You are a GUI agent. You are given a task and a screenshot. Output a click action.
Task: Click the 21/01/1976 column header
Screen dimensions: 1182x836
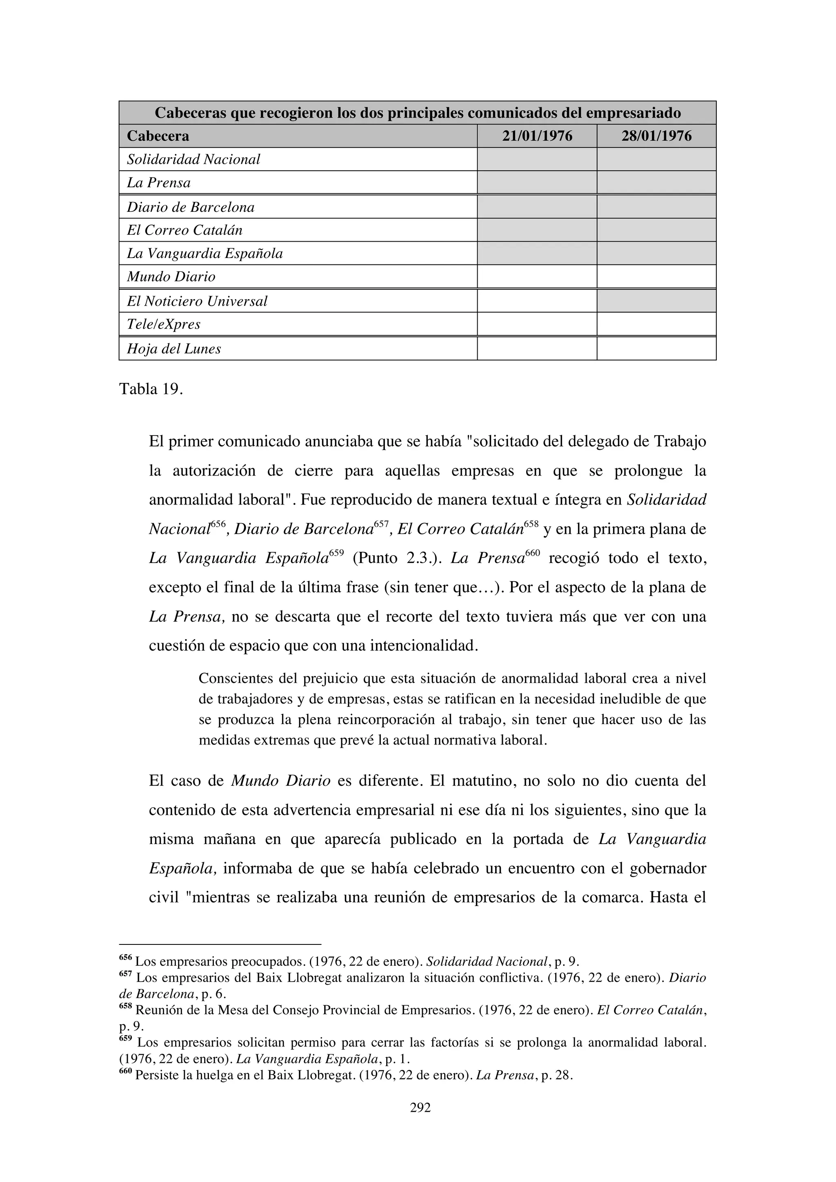click(537, 136)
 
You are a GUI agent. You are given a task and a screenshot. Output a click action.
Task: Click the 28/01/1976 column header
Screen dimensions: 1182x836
click(656, 136)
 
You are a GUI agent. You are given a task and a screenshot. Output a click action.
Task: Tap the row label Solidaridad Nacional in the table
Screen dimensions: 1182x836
click(193, 160)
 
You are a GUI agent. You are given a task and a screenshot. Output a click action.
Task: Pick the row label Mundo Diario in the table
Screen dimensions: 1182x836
click(171, 277)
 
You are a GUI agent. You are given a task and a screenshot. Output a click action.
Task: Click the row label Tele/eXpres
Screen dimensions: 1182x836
click(164, 324)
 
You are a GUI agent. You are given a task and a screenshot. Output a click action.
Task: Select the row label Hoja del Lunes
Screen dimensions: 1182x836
click(174, 349)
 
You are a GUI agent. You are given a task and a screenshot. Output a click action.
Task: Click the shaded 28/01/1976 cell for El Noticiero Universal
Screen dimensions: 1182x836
click(656, 301)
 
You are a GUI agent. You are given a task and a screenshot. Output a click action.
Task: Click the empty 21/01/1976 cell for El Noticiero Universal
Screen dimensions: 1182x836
click(537, 301)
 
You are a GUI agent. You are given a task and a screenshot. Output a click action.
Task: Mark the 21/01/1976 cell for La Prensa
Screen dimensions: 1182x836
click(537, 183)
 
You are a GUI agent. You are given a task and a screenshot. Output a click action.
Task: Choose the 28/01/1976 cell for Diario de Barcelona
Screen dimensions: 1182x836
click(656, 207)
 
